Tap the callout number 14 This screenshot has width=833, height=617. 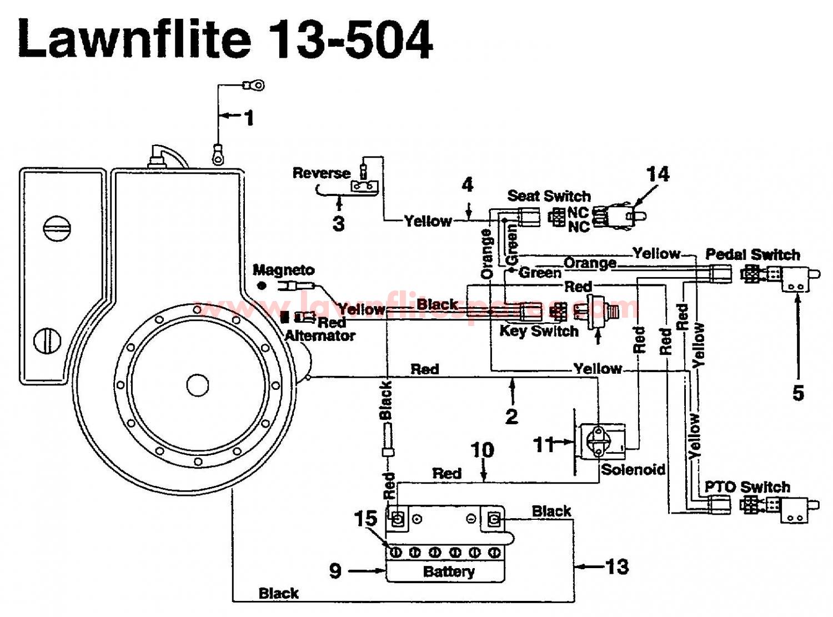tap(658, 174)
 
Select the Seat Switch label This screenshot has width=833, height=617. tap(549, 195)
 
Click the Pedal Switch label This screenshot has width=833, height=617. tap(752, 255)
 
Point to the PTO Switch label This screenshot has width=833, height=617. tap(747, 487)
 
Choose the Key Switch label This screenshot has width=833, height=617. tap(539, 332)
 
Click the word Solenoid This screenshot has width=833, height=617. tap(633, 469)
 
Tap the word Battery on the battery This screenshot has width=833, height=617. tap(449, 571)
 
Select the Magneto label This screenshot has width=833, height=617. tap(283, 270)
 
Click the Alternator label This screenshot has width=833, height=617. tap(320, 335)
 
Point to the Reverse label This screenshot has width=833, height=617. tap(322, 173)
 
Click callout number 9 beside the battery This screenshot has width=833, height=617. tap(335, 570)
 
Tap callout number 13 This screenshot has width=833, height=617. tap(616, 566)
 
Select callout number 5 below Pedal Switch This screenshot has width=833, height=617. tap(798, 393)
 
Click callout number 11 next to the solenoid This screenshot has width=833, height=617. tap(544, 444)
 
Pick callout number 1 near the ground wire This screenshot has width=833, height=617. tap(249, 117)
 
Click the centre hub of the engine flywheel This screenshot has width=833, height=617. tap(197, 385)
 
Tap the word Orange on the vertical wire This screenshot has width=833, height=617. tap(487, 254)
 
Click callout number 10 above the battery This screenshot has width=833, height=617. tap(482, 450)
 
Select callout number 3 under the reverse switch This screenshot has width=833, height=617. tap(338, 223)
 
